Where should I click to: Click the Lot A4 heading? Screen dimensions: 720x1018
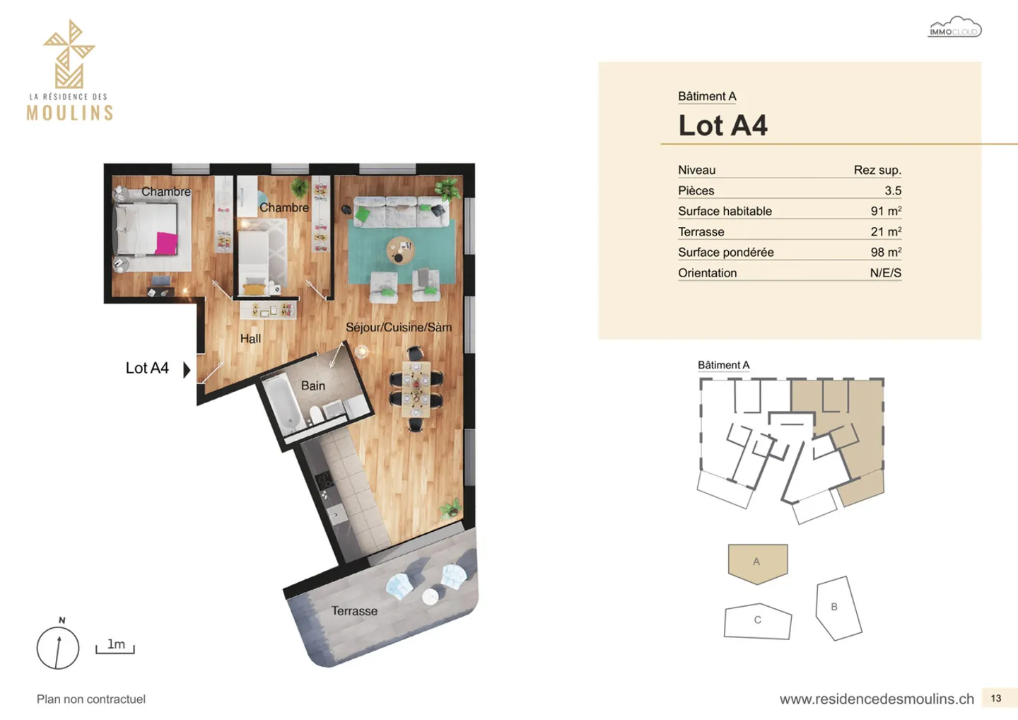(x=722, y=126)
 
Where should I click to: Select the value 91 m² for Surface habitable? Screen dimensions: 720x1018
(x=885, y=211)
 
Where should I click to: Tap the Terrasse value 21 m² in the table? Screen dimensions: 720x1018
(x=885, y=231)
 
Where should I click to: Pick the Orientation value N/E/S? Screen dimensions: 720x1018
(x=885, y=273)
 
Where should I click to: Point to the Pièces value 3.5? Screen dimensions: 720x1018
(x=892, y=190)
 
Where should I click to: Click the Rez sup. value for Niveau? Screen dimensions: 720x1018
(x=877, y=170)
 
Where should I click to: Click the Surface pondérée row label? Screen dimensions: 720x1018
(x=725, y=252)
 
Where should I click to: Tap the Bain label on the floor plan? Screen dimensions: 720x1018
(x=313, y=385)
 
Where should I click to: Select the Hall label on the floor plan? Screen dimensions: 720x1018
(x=250, y=339)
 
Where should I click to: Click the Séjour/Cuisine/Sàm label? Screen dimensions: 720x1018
(x=398, y=327)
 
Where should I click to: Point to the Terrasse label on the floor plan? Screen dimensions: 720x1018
(x=354, y=611)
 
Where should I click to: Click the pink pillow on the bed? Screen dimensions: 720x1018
(x=166, y=243)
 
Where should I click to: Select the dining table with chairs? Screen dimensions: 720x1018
(x=416, y=389)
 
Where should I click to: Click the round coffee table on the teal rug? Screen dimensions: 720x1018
(x=400, y=250)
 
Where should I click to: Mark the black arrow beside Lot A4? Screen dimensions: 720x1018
(x=187, y=369)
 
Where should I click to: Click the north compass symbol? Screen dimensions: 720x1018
(x=58, y=647)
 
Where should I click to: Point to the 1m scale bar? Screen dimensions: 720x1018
(x=115, y=646)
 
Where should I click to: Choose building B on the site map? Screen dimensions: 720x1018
(x=837, y=608)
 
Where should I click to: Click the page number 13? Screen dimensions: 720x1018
(x=995, y=698)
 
